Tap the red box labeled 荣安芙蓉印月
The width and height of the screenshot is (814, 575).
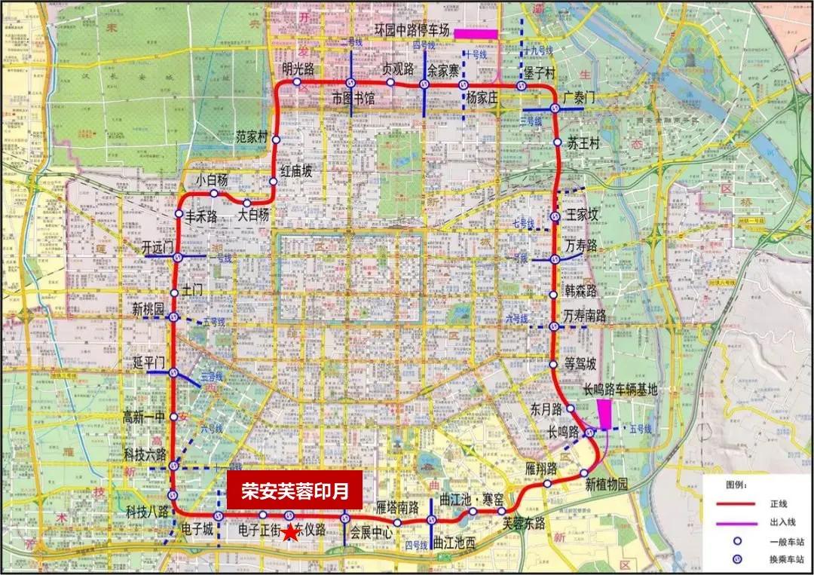click(x=295, y=491)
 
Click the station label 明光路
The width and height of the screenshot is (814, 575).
click(x=298, y=69)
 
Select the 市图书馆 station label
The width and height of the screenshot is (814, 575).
click(x=353, y=98)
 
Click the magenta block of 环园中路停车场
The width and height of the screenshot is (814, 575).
click(x=475, y=33)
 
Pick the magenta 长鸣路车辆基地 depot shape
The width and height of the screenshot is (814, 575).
click(x=604, y=414)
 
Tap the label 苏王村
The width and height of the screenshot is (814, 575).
click(x=582, y=144)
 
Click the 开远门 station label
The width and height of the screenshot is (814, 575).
click(x=158, y=247)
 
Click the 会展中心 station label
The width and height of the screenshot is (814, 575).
click(x=372, y=532)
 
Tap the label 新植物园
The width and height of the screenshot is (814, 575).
click(x=606, y=485)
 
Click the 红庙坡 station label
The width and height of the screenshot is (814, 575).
click(x=296, y=172)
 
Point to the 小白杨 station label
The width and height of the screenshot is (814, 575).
click(x=213, y=181)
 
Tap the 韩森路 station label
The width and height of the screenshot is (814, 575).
click(x=581, y=291)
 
